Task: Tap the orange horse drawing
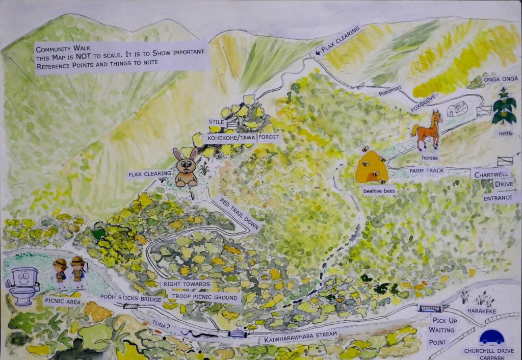(427, 131)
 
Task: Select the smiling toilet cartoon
(23, 285)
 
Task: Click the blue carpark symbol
(492, 338)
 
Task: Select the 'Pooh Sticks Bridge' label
(131, 299)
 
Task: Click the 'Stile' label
(216, 122)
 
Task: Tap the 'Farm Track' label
(428, 171)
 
